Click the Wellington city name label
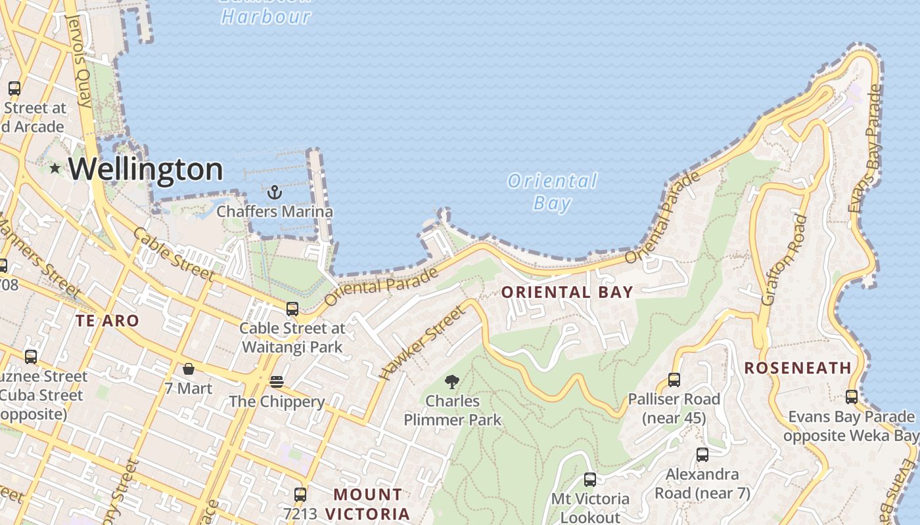pos(145,169)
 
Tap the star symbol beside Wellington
pos(55,169)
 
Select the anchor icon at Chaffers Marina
pos(275,192)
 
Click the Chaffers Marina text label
pos(275,212)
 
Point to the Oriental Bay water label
pos(552,192)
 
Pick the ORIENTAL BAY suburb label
pos(567,293)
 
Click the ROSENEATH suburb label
pos(798,367)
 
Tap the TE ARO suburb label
pos(107,321)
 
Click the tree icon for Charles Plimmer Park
pos(452,381)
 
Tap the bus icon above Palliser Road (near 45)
pos(674,379)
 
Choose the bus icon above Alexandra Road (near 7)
pos(702,454)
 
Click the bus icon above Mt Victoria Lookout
pos(589,480)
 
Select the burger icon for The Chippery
pos(276,381)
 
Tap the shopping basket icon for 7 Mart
pos(189,369)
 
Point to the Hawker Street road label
pos(422,343)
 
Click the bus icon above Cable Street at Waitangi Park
pos(292,308)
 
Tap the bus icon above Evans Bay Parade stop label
pos(851,397)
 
